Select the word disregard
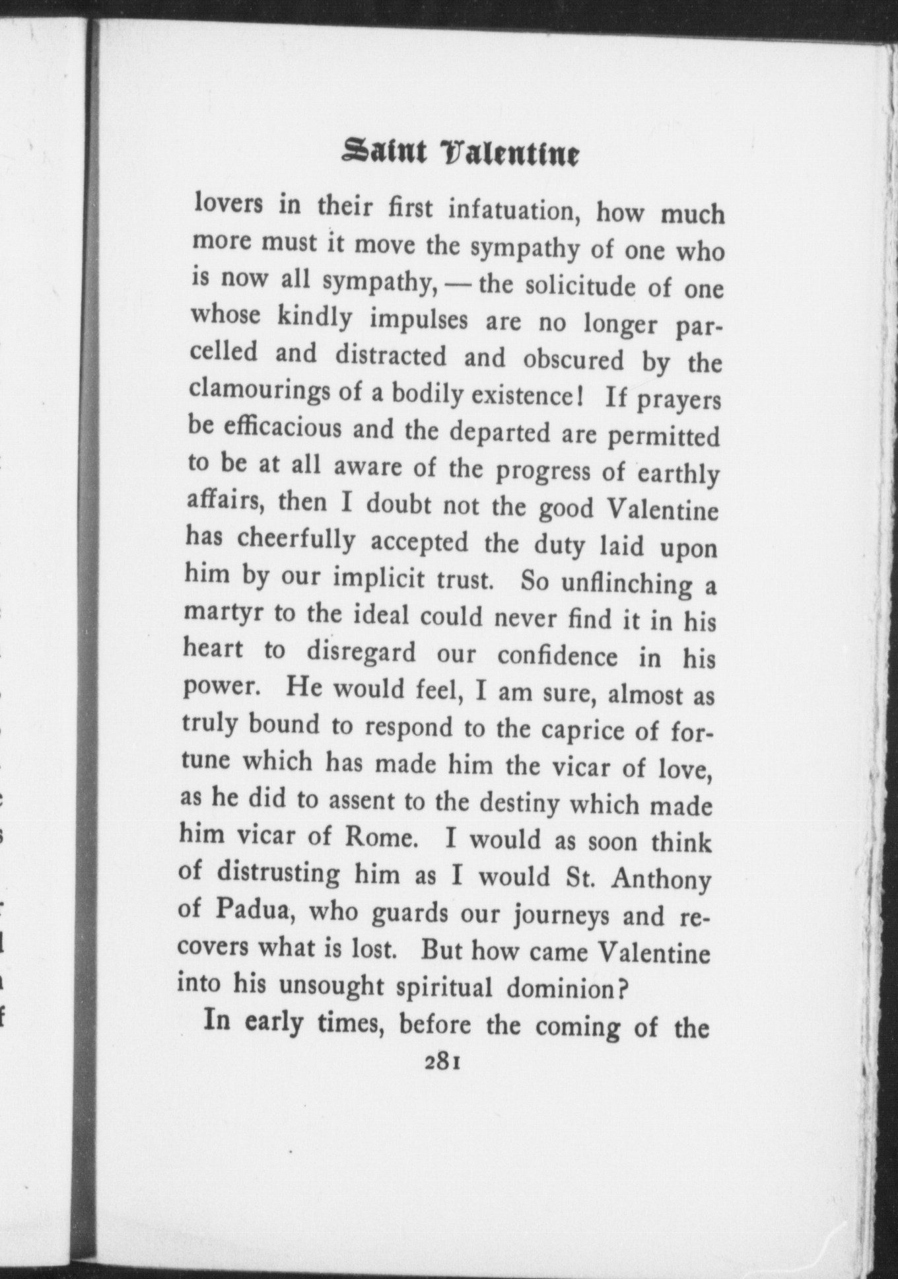(361, 652)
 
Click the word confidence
(557, 655)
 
